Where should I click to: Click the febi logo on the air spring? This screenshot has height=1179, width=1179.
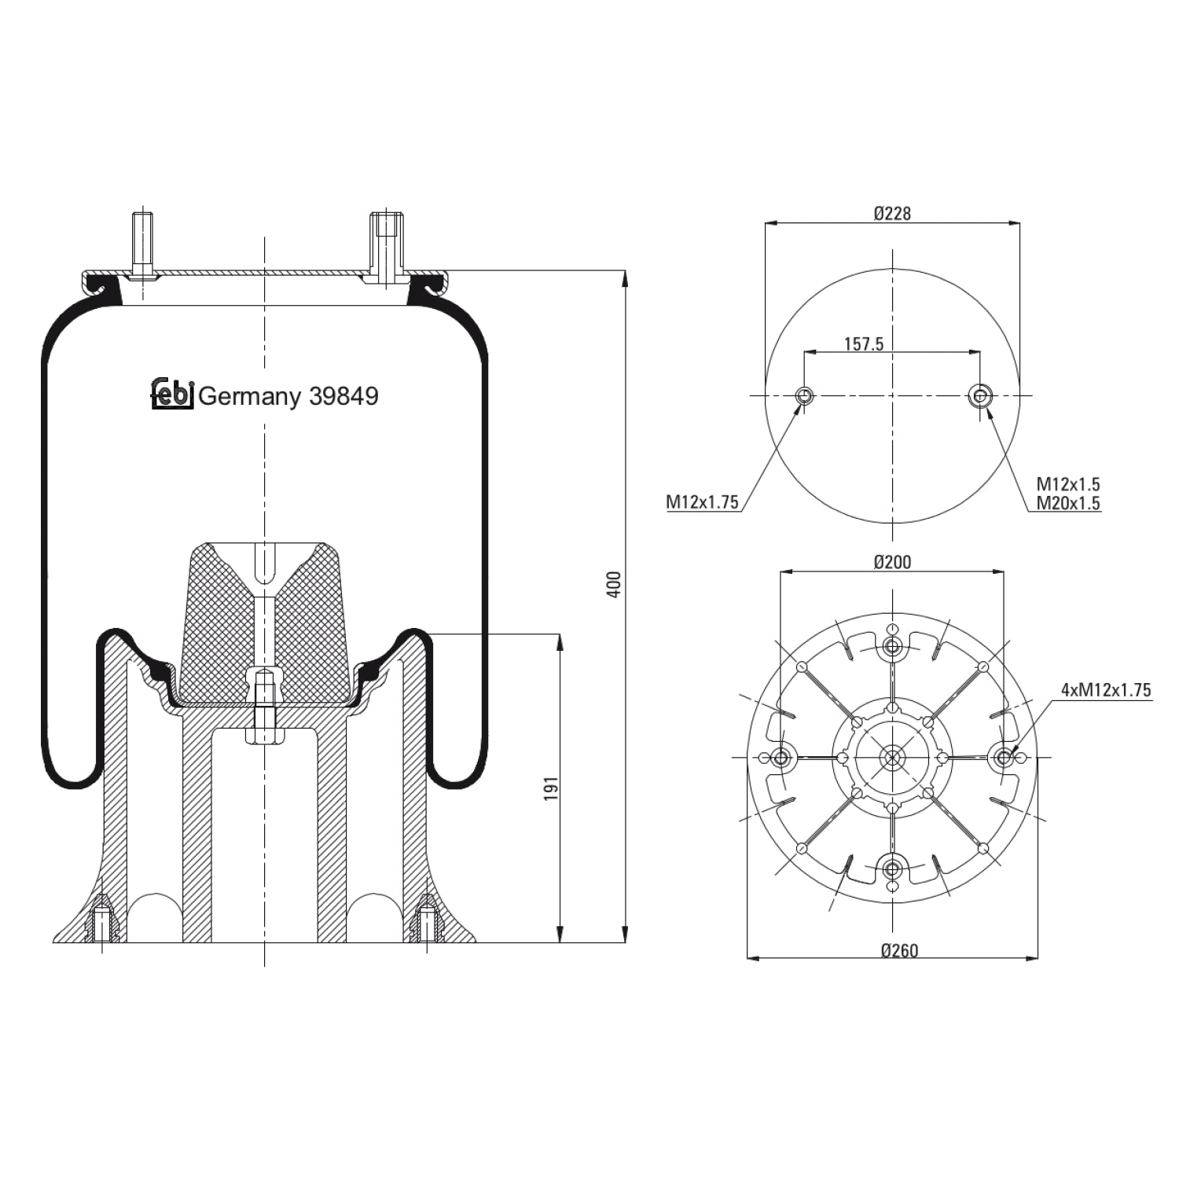[172, 394]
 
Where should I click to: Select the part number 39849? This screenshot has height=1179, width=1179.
[343, 396]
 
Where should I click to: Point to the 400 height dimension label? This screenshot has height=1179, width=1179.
[615, 584]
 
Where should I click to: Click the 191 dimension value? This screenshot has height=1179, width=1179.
[551, 788]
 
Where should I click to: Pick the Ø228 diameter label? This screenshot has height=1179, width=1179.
[892, 213]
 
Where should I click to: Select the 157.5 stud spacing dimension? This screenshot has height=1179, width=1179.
[864, 344]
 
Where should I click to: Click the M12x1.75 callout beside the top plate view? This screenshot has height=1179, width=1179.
[703, 502]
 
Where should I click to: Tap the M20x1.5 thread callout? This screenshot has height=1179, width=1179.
[1067, 503]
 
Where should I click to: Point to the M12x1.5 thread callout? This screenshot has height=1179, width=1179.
[1067, 484]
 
